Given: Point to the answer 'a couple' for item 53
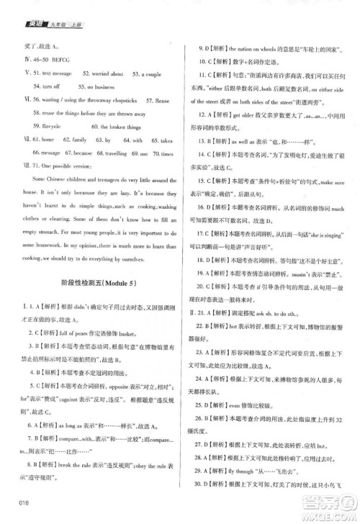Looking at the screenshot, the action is coord(150,73).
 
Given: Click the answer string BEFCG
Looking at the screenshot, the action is coord(57,59).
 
